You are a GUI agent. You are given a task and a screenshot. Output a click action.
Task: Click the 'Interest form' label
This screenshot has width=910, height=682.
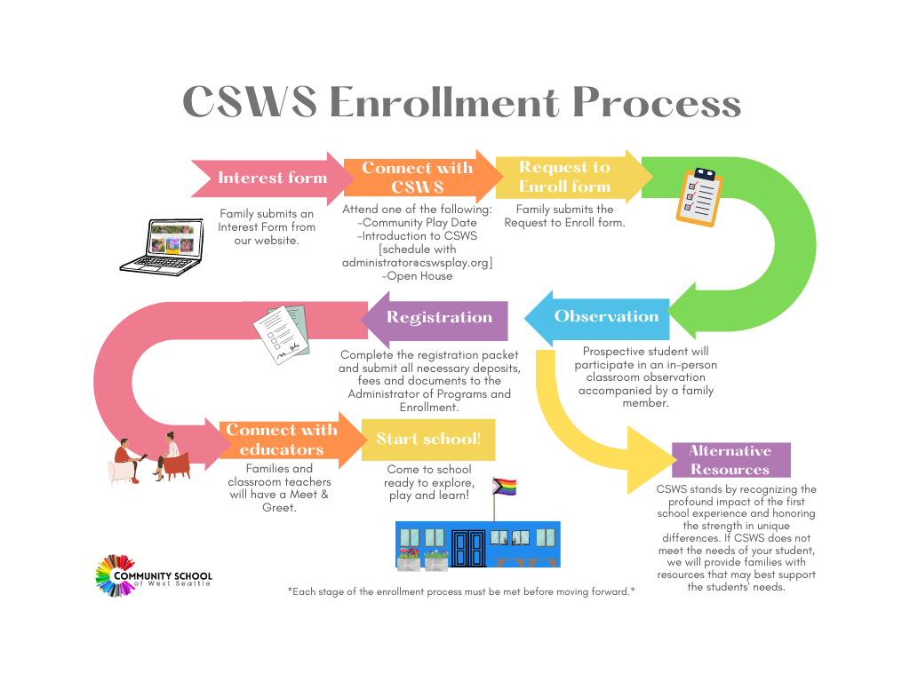272,178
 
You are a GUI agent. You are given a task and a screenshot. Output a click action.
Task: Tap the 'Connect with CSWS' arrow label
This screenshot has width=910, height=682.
417,178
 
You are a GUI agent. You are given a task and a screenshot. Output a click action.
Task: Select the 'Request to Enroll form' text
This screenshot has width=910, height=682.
564,177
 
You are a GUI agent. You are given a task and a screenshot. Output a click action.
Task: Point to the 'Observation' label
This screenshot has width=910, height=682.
606,316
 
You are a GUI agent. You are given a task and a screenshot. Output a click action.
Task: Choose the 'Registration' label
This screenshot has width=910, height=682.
439,317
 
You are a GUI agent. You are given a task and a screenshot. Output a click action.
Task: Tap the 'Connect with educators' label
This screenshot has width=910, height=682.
281,440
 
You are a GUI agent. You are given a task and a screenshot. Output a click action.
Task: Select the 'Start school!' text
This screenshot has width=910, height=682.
428,439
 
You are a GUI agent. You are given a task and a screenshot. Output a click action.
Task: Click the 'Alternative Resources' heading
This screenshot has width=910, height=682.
730,460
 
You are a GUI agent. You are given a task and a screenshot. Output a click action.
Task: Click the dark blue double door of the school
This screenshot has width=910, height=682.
468,548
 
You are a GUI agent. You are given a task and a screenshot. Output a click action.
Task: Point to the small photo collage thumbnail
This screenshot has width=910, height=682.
173,240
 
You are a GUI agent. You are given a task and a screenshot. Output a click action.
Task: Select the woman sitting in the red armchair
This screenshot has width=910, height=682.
172,457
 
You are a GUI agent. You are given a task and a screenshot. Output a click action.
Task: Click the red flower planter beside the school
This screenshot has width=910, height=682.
409,559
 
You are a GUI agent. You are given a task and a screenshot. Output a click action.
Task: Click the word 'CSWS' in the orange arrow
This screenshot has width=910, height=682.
417,187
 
